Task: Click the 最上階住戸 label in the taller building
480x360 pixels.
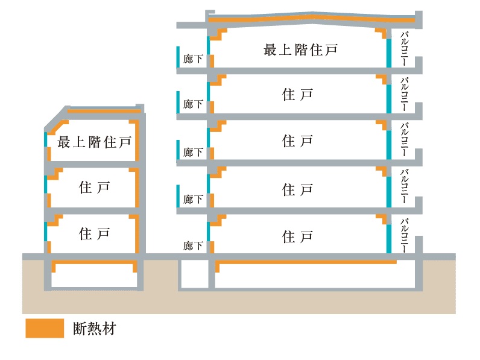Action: pyautogui.click(x=298, y=50)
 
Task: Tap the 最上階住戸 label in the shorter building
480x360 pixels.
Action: pyautogui.click(x=94, y=143)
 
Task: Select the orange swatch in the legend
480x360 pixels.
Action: pyautogui.click(x=45, y=328)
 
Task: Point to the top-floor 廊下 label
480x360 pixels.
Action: pyautogui.click(x=193, y=59)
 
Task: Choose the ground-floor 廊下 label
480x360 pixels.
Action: pyautogui.click(x=193, y=245)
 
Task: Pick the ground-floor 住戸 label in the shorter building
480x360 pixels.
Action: pyautogui.click(x=94, y=233)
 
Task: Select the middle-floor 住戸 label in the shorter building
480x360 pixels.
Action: pyautogui.click(x=94, y=188)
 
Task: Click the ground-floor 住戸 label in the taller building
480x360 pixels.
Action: pyautogui.click(x=298, y=236)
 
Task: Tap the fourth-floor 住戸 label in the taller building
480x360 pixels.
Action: pyautogui.click(x=298, y=95)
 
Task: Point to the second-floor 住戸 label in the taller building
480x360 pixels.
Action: pyautogui.click(x=298, y=189)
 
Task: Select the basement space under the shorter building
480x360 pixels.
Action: pyautogui.click(x=93, y=278)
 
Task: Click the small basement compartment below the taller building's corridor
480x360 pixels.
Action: pyautogui.click(x=194, y=274)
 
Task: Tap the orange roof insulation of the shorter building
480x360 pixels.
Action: pyautogui.click(x=103, y=112)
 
